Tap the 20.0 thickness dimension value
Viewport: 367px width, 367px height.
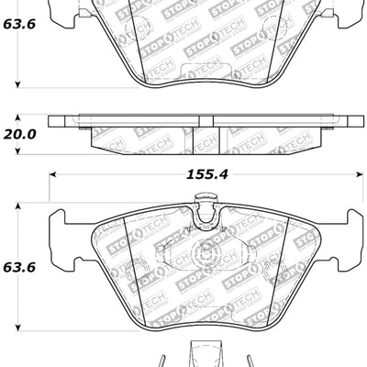(21, 133)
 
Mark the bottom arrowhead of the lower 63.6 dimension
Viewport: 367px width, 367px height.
(21, 328)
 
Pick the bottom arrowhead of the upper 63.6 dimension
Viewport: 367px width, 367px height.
(21, 88)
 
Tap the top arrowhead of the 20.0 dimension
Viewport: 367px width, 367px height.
(21, 118)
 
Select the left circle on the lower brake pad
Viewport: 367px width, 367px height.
(137, 272)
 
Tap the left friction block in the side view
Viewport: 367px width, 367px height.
(147, 138)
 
